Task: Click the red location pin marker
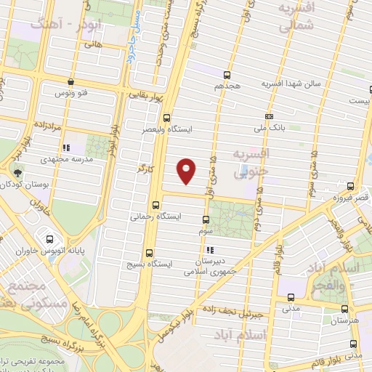tap(187, 170)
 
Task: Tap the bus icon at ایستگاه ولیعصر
tap(168, 118)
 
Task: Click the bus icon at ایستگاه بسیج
tap(149, 254)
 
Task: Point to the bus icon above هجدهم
tap(228, 74)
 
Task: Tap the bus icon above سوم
tap(206, 219)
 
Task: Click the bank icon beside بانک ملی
tap(270, 116)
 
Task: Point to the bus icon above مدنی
tap(291, 297)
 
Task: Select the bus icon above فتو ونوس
tap(70, 82)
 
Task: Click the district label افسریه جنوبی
tap(251, 163)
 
